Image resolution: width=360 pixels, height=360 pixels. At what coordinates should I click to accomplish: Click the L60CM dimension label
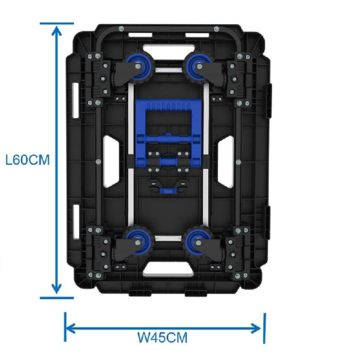click(x=27, y=160)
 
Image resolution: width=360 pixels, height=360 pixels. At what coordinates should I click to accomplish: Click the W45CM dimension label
click(x=162, y=337)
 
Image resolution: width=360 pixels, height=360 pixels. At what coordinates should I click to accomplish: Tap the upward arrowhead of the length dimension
click(x=57, y=31)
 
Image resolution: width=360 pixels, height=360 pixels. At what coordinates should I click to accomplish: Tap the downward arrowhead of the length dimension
click(x=57, y=288)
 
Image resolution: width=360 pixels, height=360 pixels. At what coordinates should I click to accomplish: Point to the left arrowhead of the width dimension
click(x=71, y=328)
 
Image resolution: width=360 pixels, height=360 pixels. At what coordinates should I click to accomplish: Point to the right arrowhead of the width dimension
click(x=256, y=328)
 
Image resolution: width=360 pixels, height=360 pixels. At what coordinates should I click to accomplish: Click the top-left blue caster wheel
click(x=137, y=67)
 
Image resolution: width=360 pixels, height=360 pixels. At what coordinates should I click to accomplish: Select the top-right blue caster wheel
click(x=198, y=67)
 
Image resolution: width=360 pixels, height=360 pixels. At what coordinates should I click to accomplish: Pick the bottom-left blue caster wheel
click(x=137, y=243)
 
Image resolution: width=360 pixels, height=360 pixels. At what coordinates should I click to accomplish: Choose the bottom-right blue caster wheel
click(x=198, y=243)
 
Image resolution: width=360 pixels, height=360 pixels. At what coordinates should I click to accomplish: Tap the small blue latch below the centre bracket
click(x=169, y=190)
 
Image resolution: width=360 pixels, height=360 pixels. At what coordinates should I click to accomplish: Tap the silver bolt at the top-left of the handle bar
click(x=121, y=29)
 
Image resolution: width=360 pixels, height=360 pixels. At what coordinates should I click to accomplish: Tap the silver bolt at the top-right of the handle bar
click(x=216, y=29)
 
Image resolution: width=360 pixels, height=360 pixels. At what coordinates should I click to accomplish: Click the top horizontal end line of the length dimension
click(x=57, y=23)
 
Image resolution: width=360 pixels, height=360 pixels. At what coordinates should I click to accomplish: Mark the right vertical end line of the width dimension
click(x=265, y=328)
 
